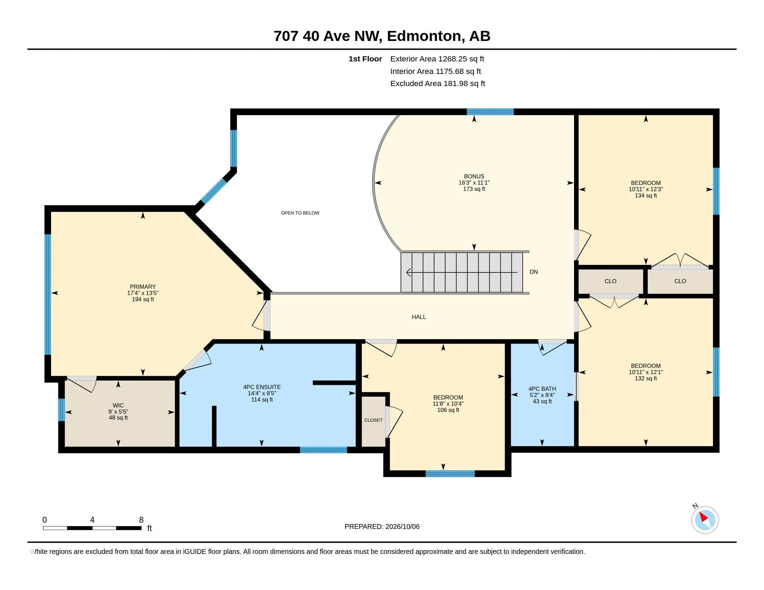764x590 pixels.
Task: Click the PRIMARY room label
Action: tap(143, 287)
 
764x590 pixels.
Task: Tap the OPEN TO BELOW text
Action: tap(300, 213)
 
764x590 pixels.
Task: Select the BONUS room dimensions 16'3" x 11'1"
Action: tap(474, 183)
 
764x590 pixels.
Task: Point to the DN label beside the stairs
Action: tap(533, 272)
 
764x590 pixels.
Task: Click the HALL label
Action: tap(419, 317)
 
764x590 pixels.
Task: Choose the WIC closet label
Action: tap(118, 405)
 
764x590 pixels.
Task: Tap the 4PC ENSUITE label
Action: tap(262, 387)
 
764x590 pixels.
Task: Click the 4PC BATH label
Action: tap(542, 389)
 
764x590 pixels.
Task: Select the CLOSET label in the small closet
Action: tap(373, 420)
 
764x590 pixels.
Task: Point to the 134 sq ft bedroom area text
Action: tap(646, 195)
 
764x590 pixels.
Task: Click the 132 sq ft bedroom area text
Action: tap(646, 379)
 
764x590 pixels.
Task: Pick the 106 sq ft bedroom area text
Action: tap(448, 410)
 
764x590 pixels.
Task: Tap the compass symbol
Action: tap(705, 520)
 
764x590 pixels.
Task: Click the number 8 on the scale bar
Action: tap(141, 520)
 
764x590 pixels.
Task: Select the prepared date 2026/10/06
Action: tap(402, 526)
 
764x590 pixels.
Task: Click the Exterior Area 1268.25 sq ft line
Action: tap(437, 59)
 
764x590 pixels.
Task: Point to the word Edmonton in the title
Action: tap(424, 36)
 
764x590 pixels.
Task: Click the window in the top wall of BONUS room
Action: tap(490, 112)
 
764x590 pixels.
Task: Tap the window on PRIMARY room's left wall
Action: tap(48, 294)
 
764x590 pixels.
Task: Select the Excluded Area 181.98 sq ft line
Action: tap(438, 84)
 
